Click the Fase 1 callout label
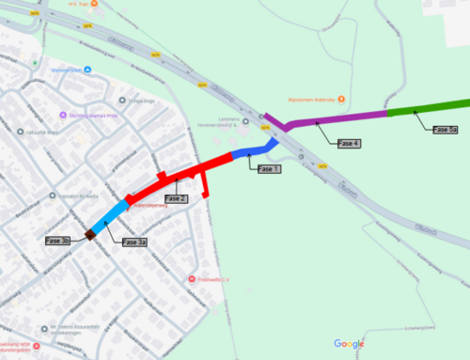pos(269,168)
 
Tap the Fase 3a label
pos(134,242)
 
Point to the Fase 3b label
pos(57,242)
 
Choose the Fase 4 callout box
pos(349,143)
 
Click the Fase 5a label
pos(446,129)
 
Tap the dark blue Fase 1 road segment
pos(252,151)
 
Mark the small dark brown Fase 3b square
pos(90,234)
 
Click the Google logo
pos(349,343)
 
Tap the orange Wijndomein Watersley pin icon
pos(342,99)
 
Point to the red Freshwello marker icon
pos(191,279)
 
